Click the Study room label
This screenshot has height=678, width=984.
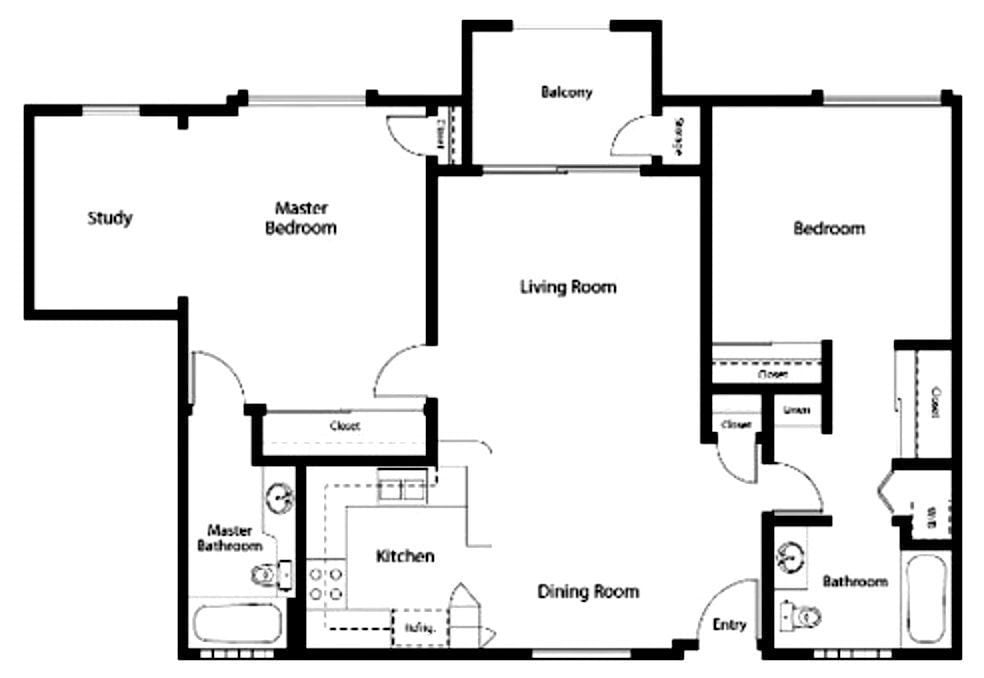tap(109, 218)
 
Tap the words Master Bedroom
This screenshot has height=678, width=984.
tap(300, 218)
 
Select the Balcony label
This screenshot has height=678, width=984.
tap(566, 93)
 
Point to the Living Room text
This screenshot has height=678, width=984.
tap(568, 287)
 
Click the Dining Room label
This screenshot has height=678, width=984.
tap(588, 591)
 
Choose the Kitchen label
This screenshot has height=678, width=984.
tap(405, 556)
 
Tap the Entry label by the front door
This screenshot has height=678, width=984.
tap(729, 625)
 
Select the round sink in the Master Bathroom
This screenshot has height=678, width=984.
tap(280, 496)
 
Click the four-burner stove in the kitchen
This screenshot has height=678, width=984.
tap(325, 583)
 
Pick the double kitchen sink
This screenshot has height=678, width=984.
tap(403, 488)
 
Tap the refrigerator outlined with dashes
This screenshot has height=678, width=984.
tap(418, 628)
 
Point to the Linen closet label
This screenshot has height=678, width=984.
tap(796, 410)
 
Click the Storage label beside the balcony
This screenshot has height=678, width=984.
tap(680, 136)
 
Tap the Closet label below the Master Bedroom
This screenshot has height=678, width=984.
tap(345, 426)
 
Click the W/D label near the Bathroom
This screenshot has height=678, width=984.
tap(931, 518)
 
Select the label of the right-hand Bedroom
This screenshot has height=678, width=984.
tap(829, 228)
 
